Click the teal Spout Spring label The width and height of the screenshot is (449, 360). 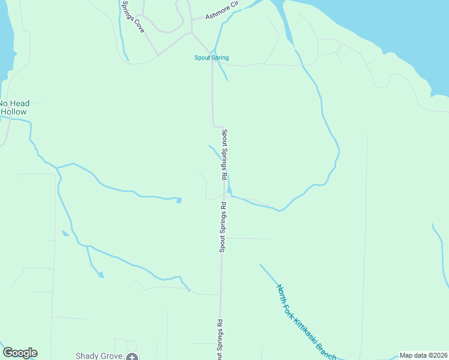[211, 58]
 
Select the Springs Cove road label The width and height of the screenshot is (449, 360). [132, 16]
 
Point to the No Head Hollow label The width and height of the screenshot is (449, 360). [14, 107]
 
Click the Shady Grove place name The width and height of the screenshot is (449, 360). [99, 356]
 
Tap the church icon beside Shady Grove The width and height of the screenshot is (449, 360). [132, 357]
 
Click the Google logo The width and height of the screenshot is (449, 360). [20, 353]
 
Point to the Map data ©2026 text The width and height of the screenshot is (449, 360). [423, 355]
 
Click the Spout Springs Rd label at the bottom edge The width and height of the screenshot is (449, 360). [220, 340]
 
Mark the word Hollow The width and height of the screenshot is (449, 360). [14, 112]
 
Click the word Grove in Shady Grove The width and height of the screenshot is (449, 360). [112, 356]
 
